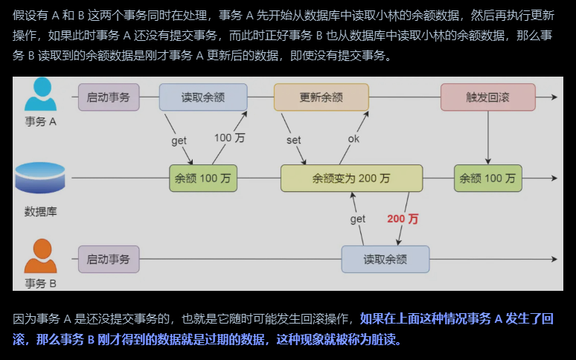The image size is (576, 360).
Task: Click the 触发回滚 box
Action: pyautogui.click(x=487, y=97)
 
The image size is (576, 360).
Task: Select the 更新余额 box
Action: pyautogui.click(x=321, y=97)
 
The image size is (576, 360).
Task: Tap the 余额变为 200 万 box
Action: pyautogui.click(x=351, y=179)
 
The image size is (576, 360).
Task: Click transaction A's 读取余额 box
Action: pyautogui.click(x=203, y=97)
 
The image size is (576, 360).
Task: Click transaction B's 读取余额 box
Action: pyautogui.click(x=385, y=259)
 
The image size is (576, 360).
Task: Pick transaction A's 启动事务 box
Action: pyautogui.click(x=109, y=97)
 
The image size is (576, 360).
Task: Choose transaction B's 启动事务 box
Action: pyautogui.click(x=109, y=259)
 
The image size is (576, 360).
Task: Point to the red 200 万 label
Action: pyautogui.click(x=403, y=219)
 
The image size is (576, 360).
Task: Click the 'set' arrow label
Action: pyautogui.click(x=293, y=140)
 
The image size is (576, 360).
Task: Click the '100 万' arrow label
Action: pyautogui.click(x=230, y=138)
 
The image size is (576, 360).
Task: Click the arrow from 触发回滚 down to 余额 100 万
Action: pyautogui.click(x=487, y=138)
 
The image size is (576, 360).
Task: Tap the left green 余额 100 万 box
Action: pyautogui.click(x=203, y=179)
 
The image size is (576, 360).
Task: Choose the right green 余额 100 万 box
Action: pyautogui.click(x=487, y=179)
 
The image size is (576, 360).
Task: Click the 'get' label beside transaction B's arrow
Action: pyautogui.click(x=358, y=219)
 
